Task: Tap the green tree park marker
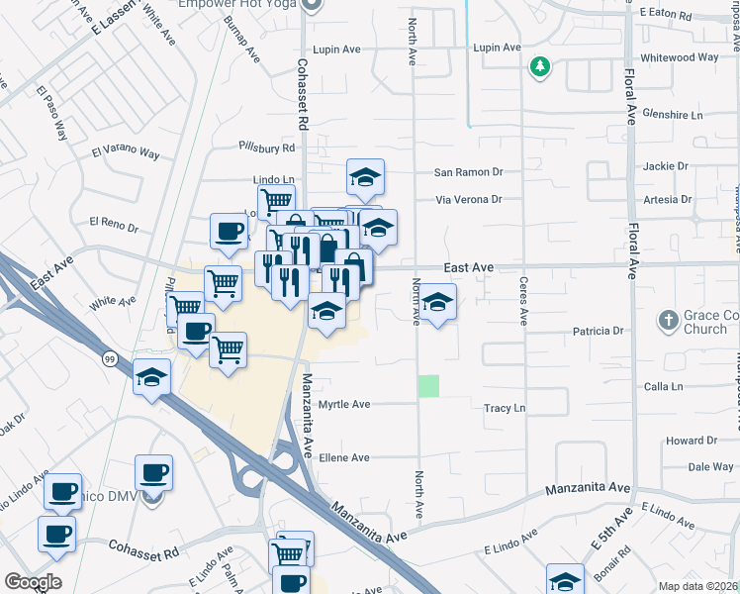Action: point(540,67)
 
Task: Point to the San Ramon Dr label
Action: point(469,172)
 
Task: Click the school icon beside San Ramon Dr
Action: point(365,178)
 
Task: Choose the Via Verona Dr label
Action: point(470,199)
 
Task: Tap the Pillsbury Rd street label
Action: point(267,148)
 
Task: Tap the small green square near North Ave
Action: point(428,386)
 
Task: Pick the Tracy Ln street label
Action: point(504,408)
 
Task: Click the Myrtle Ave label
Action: point(344,405)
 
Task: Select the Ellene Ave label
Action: point(344,457)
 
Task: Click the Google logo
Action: point(33,581)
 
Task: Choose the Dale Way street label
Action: point(710,466)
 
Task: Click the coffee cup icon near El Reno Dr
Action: point(229,233)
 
